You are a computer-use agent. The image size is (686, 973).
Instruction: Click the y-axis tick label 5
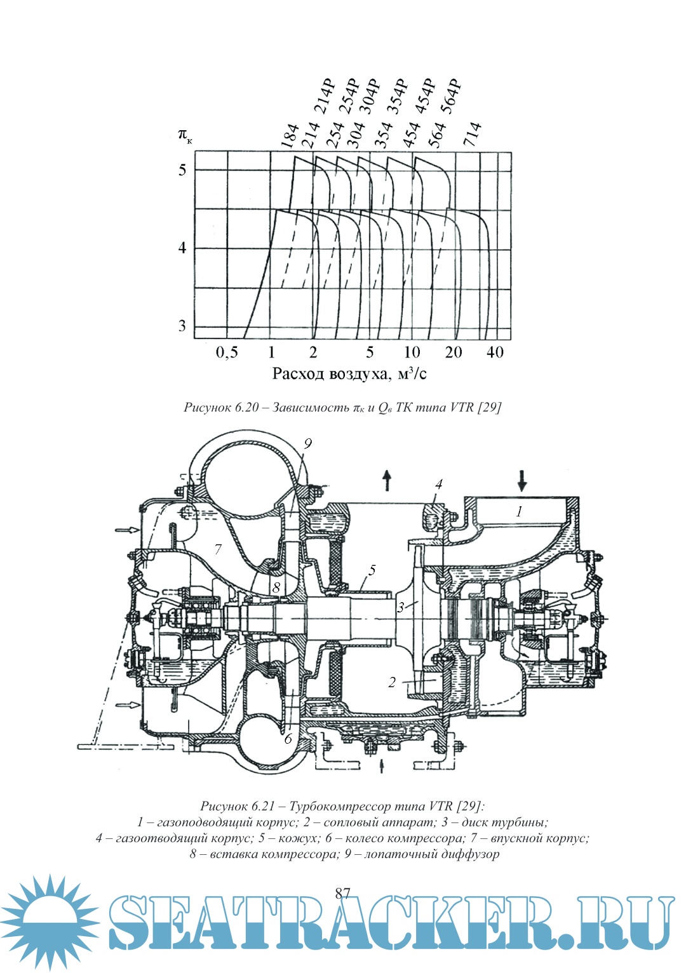(x=182, y=170)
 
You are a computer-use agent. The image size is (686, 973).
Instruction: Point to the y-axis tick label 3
(x=182, y=326)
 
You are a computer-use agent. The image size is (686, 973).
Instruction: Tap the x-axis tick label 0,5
(x=227, y=352)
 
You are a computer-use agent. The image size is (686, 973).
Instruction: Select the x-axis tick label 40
(x=495, y=352)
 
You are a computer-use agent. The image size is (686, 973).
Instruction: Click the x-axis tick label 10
(x=412, y=352)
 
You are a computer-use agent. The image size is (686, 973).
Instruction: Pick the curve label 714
(x=473, y=135)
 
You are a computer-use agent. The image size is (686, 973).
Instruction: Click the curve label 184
(x=290, y=136)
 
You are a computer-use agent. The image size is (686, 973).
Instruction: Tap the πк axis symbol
(x=184, y=135)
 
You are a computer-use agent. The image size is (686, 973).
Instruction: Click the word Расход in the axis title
(x=299, y=373)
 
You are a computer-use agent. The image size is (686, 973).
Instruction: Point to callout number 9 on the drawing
(x=307, y=443)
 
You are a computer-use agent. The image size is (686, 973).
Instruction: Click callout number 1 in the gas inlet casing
(x=519, y=511)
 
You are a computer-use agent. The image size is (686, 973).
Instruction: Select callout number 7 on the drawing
(x=218, y=549)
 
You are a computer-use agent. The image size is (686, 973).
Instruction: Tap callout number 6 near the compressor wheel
(x=288, y=739)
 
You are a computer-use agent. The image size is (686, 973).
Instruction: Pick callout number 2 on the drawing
(x=392, y=682)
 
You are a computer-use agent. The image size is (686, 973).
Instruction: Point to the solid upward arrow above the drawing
(x=387, y=480)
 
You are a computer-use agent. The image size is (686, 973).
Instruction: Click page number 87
(x=342, y=894)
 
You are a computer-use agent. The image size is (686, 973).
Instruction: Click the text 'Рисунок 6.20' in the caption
(x=221, y=408)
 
